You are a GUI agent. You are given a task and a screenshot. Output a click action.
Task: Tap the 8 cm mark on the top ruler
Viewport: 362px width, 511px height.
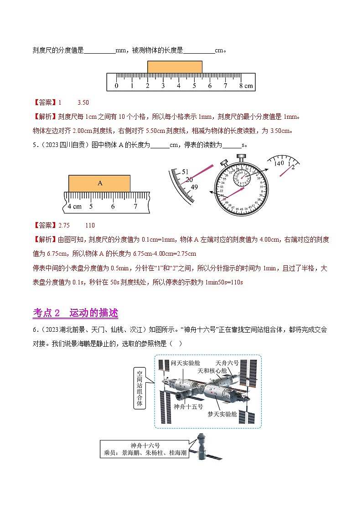click(246, 86)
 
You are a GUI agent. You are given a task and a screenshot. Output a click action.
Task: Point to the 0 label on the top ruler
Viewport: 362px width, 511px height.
click(116, 86)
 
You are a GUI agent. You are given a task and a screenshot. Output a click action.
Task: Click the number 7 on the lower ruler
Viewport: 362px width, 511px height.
click(135, 206)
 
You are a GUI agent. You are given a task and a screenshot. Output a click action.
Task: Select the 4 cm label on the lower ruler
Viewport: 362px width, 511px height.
click(74, 206)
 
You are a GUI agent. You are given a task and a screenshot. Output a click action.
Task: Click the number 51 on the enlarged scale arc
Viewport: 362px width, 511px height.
click(185, 172)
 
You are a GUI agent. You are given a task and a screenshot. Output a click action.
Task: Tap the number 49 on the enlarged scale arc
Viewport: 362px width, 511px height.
click(195, 187)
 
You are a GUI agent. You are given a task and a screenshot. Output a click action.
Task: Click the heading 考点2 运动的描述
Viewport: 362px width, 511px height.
click(76, 313)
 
